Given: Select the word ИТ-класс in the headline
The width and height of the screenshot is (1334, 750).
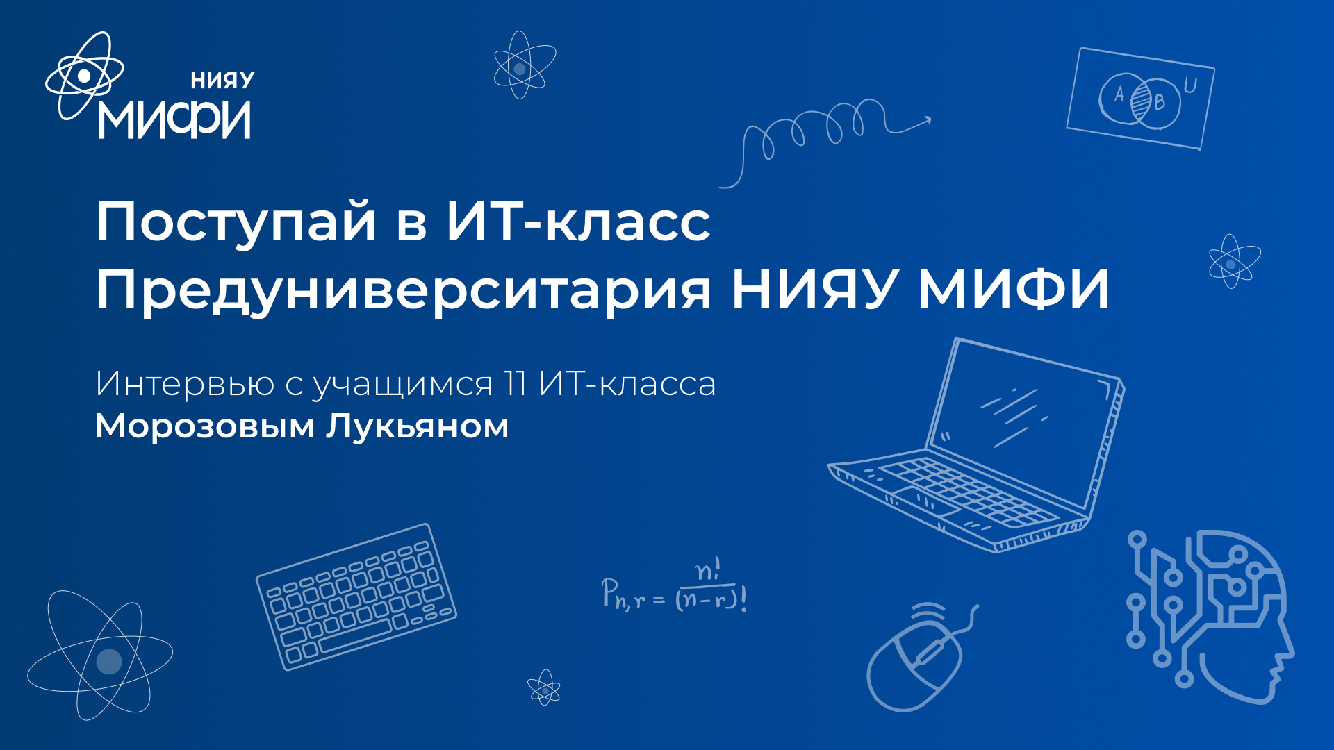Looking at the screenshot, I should pyautogui.click(x=578, y=222).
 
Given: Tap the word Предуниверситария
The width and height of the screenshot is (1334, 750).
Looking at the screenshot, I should pyautogui.click(x=403, y=290).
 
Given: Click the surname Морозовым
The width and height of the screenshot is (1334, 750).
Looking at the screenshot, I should pyautogui.click(x=205, y=426).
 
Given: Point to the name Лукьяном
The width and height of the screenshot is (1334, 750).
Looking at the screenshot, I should pyautogui.click(x=418, y=426).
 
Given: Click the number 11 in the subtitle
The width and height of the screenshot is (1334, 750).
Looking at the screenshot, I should pyautogui.click(x=515, y=383).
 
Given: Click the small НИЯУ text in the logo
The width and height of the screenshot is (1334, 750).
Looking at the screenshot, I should pyautogui.click(x=222, y=81).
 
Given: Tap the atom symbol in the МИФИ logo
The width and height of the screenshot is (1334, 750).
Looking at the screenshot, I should pyautogui.click(x=84, y=75).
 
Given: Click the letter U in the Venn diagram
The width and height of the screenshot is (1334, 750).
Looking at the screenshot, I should pyautogui.click(x=1190, y=86).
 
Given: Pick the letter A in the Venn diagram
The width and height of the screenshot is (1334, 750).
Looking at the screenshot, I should pyautogui.click(x=1119, y=94).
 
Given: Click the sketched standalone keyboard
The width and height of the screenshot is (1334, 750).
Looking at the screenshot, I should pyautogui.click(x=356, y=597).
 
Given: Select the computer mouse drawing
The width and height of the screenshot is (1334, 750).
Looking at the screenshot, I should pyautogui.click(x=914, y=663).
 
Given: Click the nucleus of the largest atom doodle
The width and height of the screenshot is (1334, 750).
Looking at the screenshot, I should pyautogui.click(x=108, y=661).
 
